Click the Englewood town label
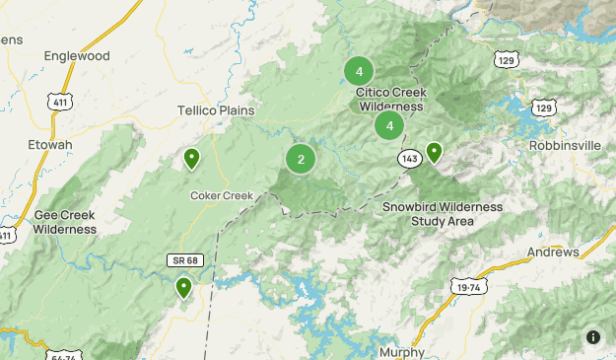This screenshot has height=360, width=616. pos(78,56)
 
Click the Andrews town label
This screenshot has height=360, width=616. pos(552,252)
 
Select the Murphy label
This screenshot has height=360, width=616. pos(400,352)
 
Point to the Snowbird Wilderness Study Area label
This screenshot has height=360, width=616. pos(442,214)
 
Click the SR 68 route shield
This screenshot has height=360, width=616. pos(183,259)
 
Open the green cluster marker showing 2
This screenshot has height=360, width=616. pos(301,159)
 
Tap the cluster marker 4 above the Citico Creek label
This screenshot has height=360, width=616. pos(359,71)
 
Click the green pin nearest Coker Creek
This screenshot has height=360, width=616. pos(191,158)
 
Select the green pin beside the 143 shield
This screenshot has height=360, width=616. pos(433,152)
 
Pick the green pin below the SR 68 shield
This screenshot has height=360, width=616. pos(183,288)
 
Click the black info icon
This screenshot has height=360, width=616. pos(593,337)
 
